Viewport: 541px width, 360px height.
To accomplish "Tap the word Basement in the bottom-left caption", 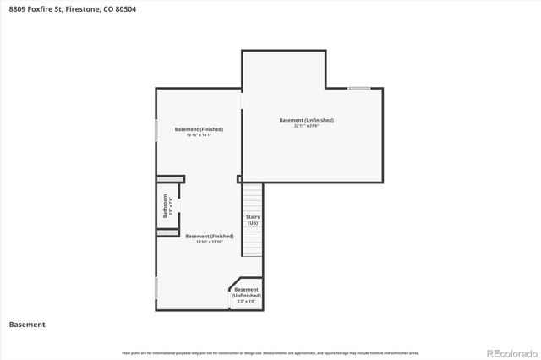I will click(x=27, y=324).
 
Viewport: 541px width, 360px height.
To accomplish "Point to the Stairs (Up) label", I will click(x=253, y=221).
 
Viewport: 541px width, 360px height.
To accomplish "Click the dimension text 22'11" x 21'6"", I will click(x=306, y=127).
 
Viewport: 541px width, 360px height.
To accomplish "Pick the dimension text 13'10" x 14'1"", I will click(x=199, y=135).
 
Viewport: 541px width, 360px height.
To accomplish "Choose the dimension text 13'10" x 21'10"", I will click(x=209, y=243).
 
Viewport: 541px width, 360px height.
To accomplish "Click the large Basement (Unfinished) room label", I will click(x=306, y=120).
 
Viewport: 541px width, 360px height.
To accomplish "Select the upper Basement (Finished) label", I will click(x=199, y=128).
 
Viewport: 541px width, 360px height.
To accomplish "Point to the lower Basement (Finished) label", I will click(x=209, y=236).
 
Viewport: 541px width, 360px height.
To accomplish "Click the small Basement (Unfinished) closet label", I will click(x=247, y=292).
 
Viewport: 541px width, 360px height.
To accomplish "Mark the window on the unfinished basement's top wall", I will click(x=358, y=88).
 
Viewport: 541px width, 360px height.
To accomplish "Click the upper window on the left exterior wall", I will click(x=156, y=130).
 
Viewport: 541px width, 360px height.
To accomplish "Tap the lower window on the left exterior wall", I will click(x=156, y=286).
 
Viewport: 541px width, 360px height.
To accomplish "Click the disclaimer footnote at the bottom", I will click(x=270, y=352).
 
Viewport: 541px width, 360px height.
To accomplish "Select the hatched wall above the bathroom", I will click(x=170, y=178).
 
